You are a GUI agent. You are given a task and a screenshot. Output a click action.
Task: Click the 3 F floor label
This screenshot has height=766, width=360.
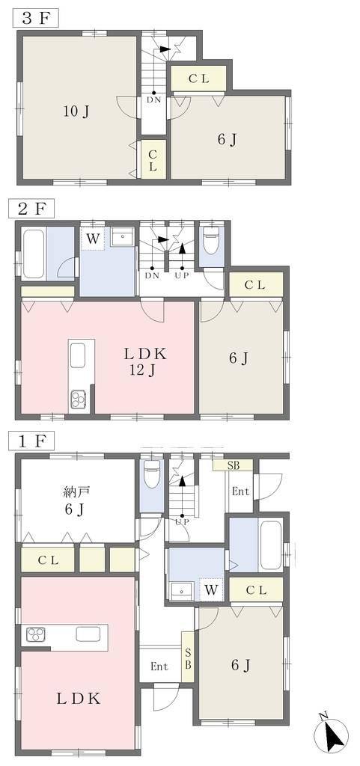click(35, 19)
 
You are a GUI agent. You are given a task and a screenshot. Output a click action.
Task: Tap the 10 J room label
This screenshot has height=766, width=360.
click(76, 112)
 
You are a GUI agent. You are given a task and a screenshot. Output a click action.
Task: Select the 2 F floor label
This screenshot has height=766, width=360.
click(31, 209)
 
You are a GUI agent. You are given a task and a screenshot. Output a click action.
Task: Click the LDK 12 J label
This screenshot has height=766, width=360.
click(144, 362)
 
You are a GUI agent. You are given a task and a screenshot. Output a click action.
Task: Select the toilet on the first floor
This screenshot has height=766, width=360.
click(151, 472)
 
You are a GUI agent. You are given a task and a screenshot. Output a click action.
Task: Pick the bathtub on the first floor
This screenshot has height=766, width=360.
click(270, 545)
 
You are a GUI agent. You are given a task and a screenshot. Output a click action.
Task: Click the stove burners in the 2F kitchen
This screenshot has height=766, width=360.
click(78, 399)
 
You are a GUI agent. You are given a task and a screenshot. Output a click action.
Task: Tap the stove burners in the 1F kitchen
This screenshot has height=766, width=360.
click(36, 634)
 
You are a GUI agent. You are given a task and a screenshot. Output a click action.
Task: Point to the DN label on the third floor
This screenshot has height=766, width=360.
click(153, 101)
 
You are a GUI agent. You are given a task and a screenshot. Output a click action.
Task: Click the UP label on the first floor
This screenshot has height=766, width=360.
click(182, 521)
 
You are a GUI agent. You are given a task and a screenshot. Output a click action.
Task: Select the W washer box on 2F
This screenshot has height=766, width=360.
click(93, 239)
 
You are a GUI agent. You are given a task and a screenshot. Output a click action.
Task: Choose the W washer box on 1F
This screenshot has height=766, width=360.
click(211, 589)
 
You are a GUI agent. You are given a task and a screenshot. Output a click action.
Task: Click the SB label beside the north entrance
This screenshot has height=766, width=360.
click(233, 465)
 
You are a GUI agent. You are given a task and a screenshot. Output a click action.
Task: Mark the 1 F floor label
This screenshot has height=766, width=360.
click(31, 441)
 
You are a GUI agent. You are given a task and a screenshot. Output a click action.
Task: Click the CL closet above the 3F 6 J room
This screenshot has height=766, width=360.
click(198, 78)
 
